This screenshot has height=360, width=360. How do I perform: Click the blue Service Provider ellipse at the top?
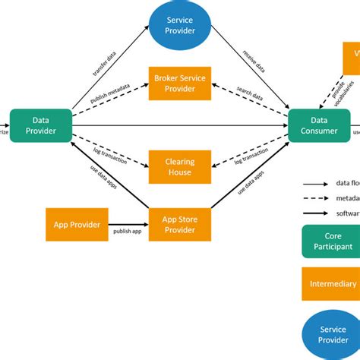[180, 25]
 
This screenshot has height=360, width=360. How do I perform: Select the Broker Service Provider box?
[180, 83]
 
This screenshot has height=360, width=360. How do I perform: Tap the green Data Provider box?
[41, 125]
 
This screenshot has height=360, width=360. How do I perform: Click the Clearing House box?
[180, 167]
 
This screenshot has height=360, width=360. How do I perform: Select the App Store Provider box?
[180, 224]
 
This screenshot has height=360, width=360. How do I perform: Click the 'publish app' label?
[127, 231]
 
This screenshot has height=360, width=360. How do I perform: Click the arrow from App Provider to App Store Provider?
[126, 224]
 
